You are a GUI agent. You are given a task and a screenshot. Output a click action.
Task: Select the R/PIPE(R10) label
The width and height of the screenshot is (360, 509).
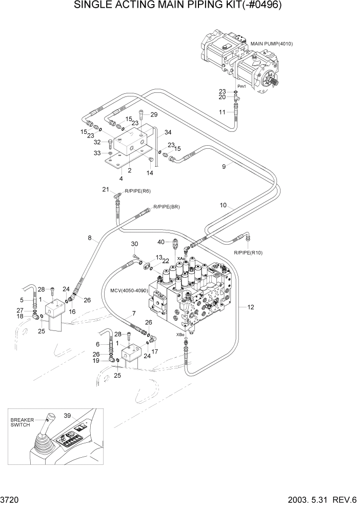coord(249,253)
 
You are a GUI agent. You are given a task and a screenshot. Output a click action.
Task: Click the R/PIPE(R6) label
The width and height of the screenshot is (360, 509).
coord(137,191)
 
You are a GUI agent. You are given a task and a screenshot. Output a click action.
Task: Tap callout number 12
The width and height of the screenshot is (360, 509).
coord(250,307)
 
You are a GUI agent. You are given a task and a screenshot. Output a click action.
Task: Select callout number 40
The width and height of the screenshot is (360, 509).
coord(161,242)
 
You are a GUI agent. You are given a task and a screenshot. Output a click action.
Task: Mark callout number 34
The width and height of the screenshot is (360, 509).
coord(167,133)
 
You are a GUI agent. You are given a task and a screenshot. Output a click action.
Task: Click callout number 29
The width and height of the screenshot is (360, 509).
coord(154,114)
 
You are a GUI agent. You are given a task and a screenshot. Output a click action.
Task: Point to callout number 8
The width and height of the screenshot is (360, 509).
coord(90,238)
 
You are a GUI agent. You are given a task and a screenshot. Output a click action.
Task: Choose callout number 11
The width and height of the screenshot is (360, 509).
coord(222,112)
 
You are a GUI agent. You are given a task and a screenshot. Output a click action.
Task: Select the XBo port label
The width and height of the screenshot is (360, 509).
coord(180,335)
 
